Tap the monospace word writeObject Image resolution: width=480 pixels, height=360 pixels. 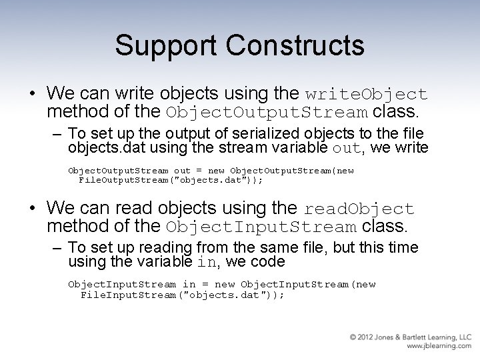[366, 94]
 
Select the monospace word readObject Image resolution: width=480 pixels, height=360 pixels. [359, 209]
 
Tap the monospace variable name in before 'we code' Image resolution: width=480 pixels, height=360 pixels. [207, 263]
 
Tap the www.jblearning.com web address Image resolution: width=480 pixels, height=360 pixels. [438, 347]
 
